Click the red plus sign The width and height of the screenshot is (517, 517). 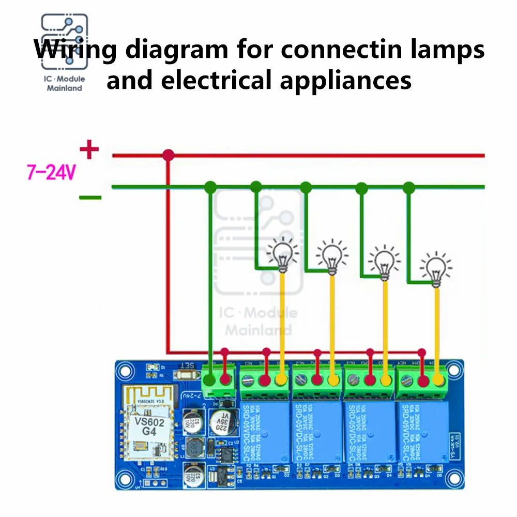coord(89,150)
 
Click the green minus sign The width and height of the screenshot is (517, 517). coord(90,197)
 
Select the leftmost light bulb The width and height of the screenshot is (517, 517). coord(282,255)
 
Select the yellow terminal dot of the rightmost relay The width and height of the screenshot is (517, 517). coord(439,381)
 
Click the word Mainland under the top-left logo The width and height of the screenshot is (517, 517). coord(65,88)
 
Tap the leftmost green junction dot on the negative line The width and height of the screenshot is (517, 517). coord(210,187)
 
